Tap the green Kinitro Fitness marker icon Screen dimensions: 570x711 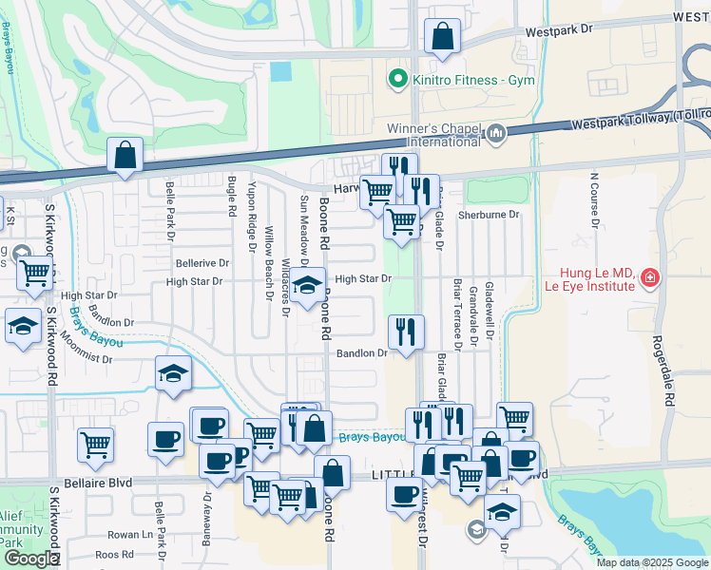point(399,81)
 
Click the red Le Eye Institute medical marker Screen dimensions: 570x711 point(650,278)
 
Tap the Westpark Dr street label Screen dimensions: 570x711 point(560,29)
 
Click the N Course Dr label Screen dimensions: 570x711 point(595,200)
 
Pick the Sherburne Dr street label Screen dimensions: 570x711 point(489,215)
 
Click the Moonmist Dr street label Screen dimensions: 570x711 point(87,359)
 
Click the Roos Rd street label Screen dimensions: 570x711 point(114,554)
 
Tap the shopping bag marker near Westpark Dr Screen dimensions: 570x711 point(443,38)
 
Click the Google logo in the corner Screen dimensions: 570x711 point(31,559)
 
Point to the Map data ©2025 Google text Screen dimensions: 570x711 point(651,562)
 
